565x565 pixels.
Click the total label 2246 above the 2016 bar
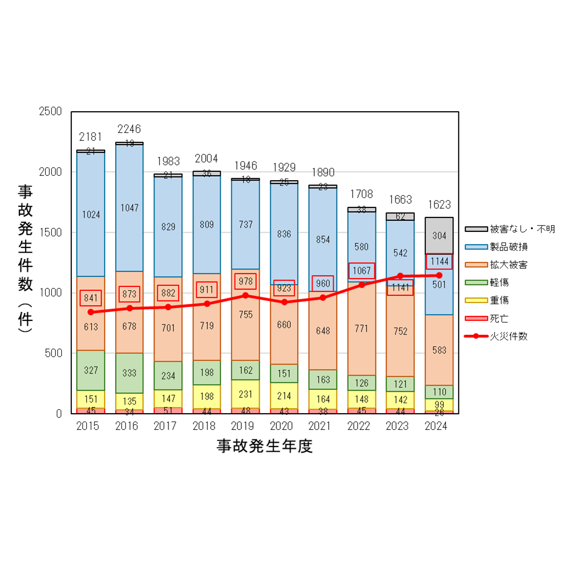coord(129,130)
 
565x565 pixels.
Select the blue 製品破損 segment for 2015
coord(91,214)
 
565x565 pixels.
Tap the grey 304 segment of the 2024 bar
coord(439,235)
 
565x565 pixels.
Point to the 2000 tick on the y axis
coord(51,172)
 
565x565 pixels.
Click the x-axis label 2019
coord(246,427)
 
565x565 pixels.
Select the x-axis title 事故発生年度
coord(265,447)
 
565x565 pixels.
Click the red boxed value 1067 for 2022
coord(361,271)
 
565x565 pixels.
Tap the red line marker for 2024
coord(439,275)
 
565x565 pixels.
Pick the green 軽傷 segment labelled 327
coord(91,370)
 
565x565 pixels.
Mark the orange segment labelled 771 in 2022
coord(361,329)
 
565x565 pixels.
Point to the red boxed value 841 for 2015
coord(91,298)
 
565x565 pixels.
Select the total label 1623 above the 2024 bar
coord(439,205)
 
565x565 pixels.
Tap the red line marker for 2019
coord(246,295)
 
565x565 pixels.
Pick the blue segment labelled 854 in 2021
coord(323,239)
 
